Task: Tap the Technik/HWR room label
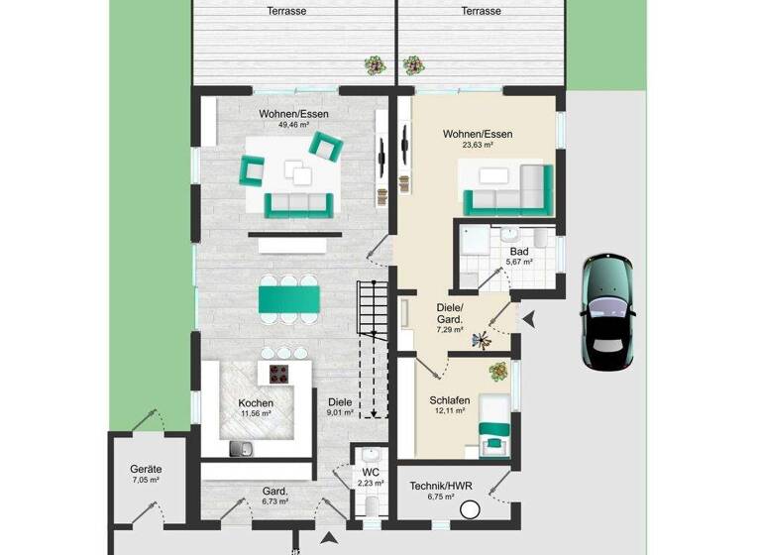(442, 486)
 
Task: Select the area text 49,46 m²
(294, 126)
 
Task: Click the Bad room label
(519, 252)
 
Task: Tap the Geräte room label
(146, 470)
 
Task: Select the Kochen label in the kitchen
(256, 403)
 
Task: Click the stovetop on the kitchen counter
(280, 374)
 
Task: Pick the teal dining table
(290, 298)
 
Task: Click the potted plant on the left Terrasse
(376, 65)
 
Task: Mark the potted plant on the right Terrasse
(413, 65)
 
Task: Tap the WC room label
(371, 472)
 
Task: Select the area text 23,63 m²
(478, 145)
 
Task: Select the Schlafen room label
(449, 400)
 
